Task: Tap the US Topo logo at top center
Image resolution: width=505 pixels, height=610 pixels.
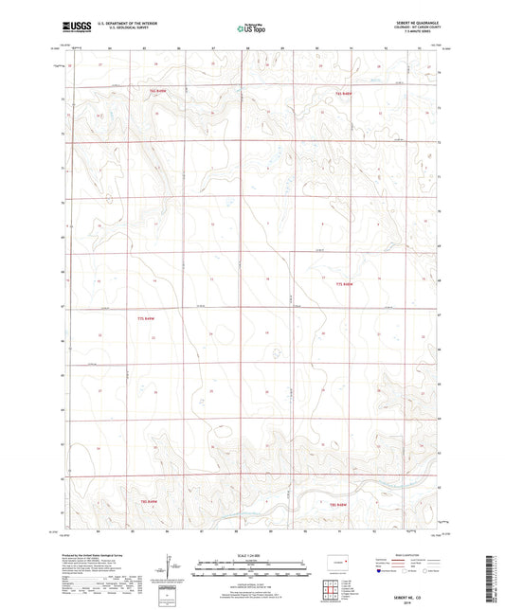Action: click(245, 28)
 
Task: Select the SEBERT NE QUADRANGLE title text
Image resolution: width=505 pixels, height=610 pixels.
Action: click(414, 22)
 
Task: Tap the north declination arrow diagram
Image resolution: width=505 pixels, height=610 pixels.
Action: click(168, 571)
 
